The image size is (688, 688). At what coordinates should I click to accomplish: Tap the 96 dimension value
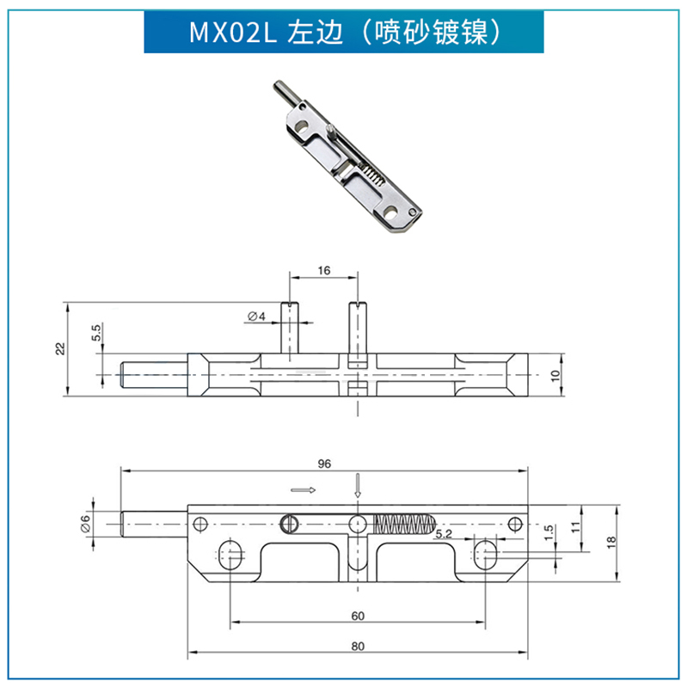(x=324, y=464)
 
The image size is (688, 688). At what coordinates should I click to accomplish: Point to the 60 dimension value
(x=359, y=615)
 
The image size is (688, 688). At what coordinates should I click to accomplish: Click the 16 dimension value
(x=323, y=270)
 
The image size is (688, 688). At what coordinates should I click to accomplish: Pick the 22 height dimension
(x=59, y=348)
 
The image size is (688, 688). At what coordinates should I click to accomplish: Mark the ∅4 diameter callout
(x=256, y=317)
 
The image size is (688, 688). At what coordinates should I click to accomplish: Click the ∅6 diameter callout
(x=85, y=522)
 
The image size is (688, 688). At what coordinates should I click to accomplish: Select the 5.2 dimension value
(x=444, y=534)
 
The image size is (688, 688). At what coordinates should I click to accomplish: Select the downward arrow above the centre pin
(x=359, y=488)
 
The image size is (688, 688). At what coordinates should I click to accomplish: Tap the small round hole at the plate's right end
(x=515, y=523)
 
